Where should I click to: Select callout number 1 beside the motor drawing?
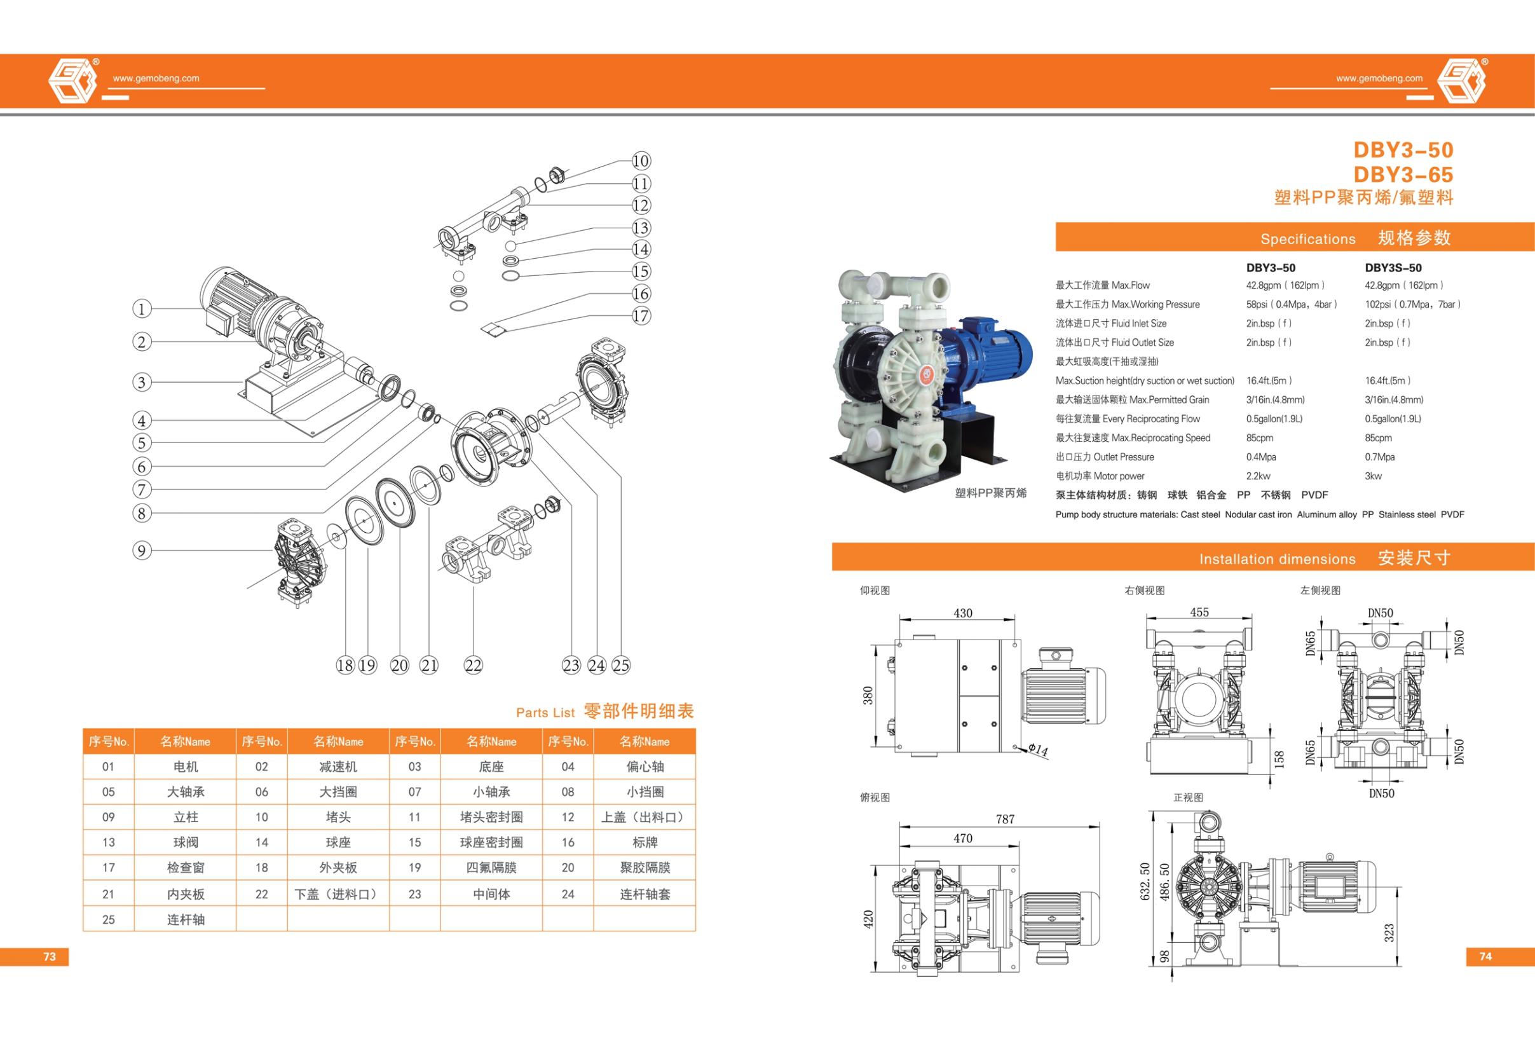tap(141, 308)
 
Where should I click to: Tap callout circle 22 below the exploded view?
tap(474, 665)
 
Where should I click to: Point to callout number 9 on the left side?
tap(141, 551)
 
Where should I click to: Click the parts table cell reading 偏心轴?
tap(645, 766)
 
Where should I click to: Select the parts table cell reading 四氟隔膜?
tap(491, 868)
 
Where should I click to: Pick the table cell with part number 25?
tap(108, 919)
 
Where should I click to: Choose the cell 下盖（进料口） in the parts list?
tap(338, 894)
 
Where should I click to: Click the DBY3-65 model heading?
tap(1403, 174)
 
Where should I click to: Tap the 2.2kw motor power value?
tap(1259, 476)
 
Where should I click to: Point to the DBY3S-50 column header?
tap(1393, 268)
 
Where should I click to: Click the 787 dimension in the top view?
tap(1005, 819)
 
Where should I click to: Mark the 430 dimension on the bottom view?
tap(962, 613)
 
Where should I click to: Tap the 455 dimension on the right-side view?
tap(1199, 612)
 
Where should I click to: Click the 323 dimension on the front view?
tap(1389, 932)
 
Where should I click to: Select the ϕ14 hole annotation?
tap(1038, 750)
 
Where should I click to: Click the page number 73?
tap(50, 957)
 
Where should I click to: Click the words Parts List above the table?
tap(545, 713)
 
